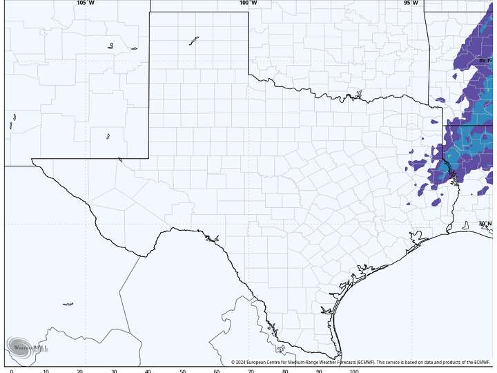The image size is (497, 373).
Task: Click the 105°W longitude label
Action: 86,3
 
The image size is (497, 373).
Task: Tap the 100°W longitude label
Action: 248,3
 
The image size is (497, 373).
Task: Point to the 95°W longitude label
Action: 411,3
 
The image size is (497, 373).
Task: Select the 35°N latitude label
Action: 485,61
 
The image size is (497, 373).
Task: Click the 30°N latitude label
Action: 485,223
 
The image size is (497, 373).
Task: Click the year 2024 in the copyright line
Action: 241,362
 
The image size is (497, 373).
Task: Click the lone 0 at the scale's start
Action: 12,371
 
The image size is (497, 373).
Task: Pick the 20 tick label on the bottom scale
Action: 80,371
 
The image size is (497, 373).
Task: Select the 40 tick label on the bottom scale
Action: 148,371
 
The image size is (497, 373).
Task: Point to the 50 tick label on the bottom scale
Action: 183,371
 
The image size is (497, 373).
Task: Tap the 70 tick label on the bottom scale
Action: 251,371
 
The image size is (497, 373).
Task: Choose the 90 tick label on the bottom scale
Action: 320,371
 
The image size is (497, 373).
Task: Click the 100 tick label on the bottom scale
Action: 354,371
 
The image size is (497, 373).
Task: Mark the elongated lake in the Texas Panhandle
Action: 194,41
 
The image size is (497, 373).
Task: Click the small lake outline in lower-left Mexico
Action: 68,304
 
